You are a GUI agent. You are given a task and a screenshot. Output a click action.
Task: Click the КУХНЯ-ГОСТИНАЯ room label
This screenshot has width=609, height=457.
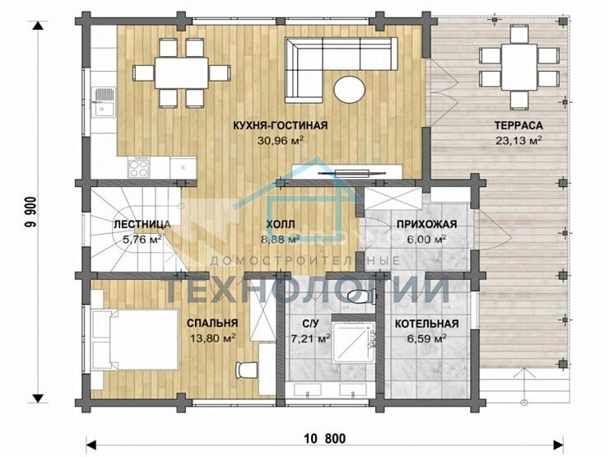pos(280,125)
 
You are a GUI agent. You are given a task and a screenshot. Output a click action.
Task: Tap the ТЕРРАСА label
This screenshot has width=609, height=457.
pos(518,125)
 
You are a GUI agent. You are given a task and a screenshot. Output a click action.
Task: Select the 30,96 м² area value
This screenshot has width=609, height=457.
pos(280,140)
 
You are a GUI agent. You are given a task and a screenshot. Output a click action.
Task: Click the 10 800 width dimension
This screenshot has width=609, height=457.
pos(325,439)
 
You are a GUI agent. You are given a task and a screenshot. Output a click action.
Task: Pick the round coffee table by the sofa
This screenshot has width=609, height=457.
pos(349,89)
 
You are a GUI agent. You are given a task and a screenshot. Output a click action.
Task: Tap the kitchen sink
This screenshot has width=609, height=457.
pos(103,102)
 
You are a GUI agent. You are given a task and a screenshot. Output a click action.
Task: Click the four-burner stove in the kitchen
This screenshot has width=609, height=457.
pos(138,168)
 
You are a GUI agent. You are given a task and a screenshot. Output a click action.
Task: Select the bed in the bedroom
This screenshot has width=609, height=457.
pos(135,339)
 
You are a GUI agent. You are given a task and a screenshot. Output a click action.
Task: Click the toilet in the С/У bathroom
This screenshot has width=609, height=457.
pos(360,297)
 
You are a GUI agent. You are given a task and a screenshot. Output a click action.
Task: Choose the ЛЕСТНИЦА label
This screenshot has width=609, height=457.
pos(142,225)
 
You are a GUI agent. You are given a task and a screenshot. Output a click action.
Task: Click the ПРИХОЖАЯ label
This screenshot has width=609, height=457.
pos(426,224)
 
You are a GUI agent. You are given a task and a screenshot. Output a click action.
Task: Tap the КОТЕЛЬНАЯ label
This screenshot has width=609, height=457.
pos(426,324)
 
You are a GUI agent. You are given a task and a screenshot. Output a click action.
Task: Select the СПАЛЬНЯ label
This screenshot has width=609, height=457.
pos(212,324)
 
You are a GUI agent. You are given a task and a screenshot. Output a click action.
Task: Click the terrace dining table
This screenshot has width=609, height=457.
pos(519,66)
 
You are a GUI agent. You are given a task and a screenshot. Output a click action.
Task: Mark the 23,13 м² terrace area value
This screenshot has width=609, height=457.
pos(518,140)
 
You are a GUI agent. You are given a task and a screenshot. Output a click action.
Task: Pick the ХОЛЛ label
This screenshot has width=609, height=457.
pos(281,224)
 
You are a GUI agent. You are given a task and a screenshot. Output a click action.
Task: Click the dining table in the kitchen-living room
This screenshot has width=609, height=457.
pos(181,72)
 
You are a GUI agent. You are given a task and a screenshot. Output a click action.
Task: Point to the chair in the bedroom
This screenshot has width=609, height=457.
pos(247,370)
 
